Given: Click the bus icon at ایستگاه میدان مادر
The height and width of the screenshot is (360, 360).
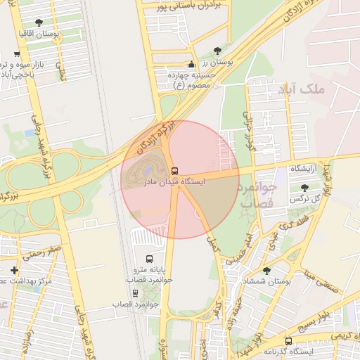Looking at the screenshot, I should click(175, 171).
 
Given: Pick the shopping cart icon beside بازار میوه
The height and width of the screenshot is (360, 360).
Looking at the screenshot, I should click(16, 54).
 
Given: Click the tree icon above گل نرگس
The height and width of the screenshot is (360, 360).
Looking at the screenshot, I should click(304, 188).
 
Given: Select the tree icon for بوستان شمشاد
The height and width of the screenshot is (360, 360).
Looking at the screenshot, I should click(266, 271).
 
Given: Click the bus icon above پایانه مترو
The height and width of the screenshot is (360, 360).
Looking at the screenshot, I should click(148, 259).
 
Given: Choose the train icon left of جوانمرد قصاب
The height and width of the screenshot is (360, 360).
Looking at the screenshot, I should click(135, 292).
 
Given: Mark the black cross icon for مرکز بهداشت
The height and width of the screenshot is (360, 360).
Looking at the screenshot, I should click(15, 270).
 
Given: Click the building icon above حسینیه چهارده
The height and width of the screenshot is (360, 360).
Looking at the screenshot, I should click(191, 65).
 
